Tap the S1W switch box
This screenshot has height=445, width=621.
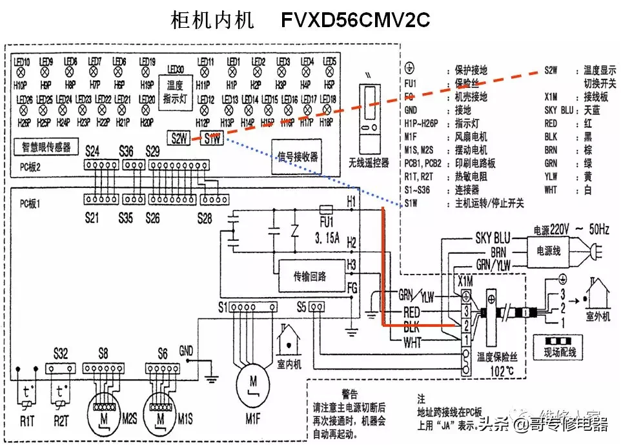[212, 138]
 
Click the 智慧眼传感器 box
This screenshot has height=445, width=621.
[46, 146]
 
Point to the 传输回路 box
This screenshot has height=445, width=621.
[310, 276]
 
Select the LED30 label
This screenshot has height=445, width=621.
[176, 69]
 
